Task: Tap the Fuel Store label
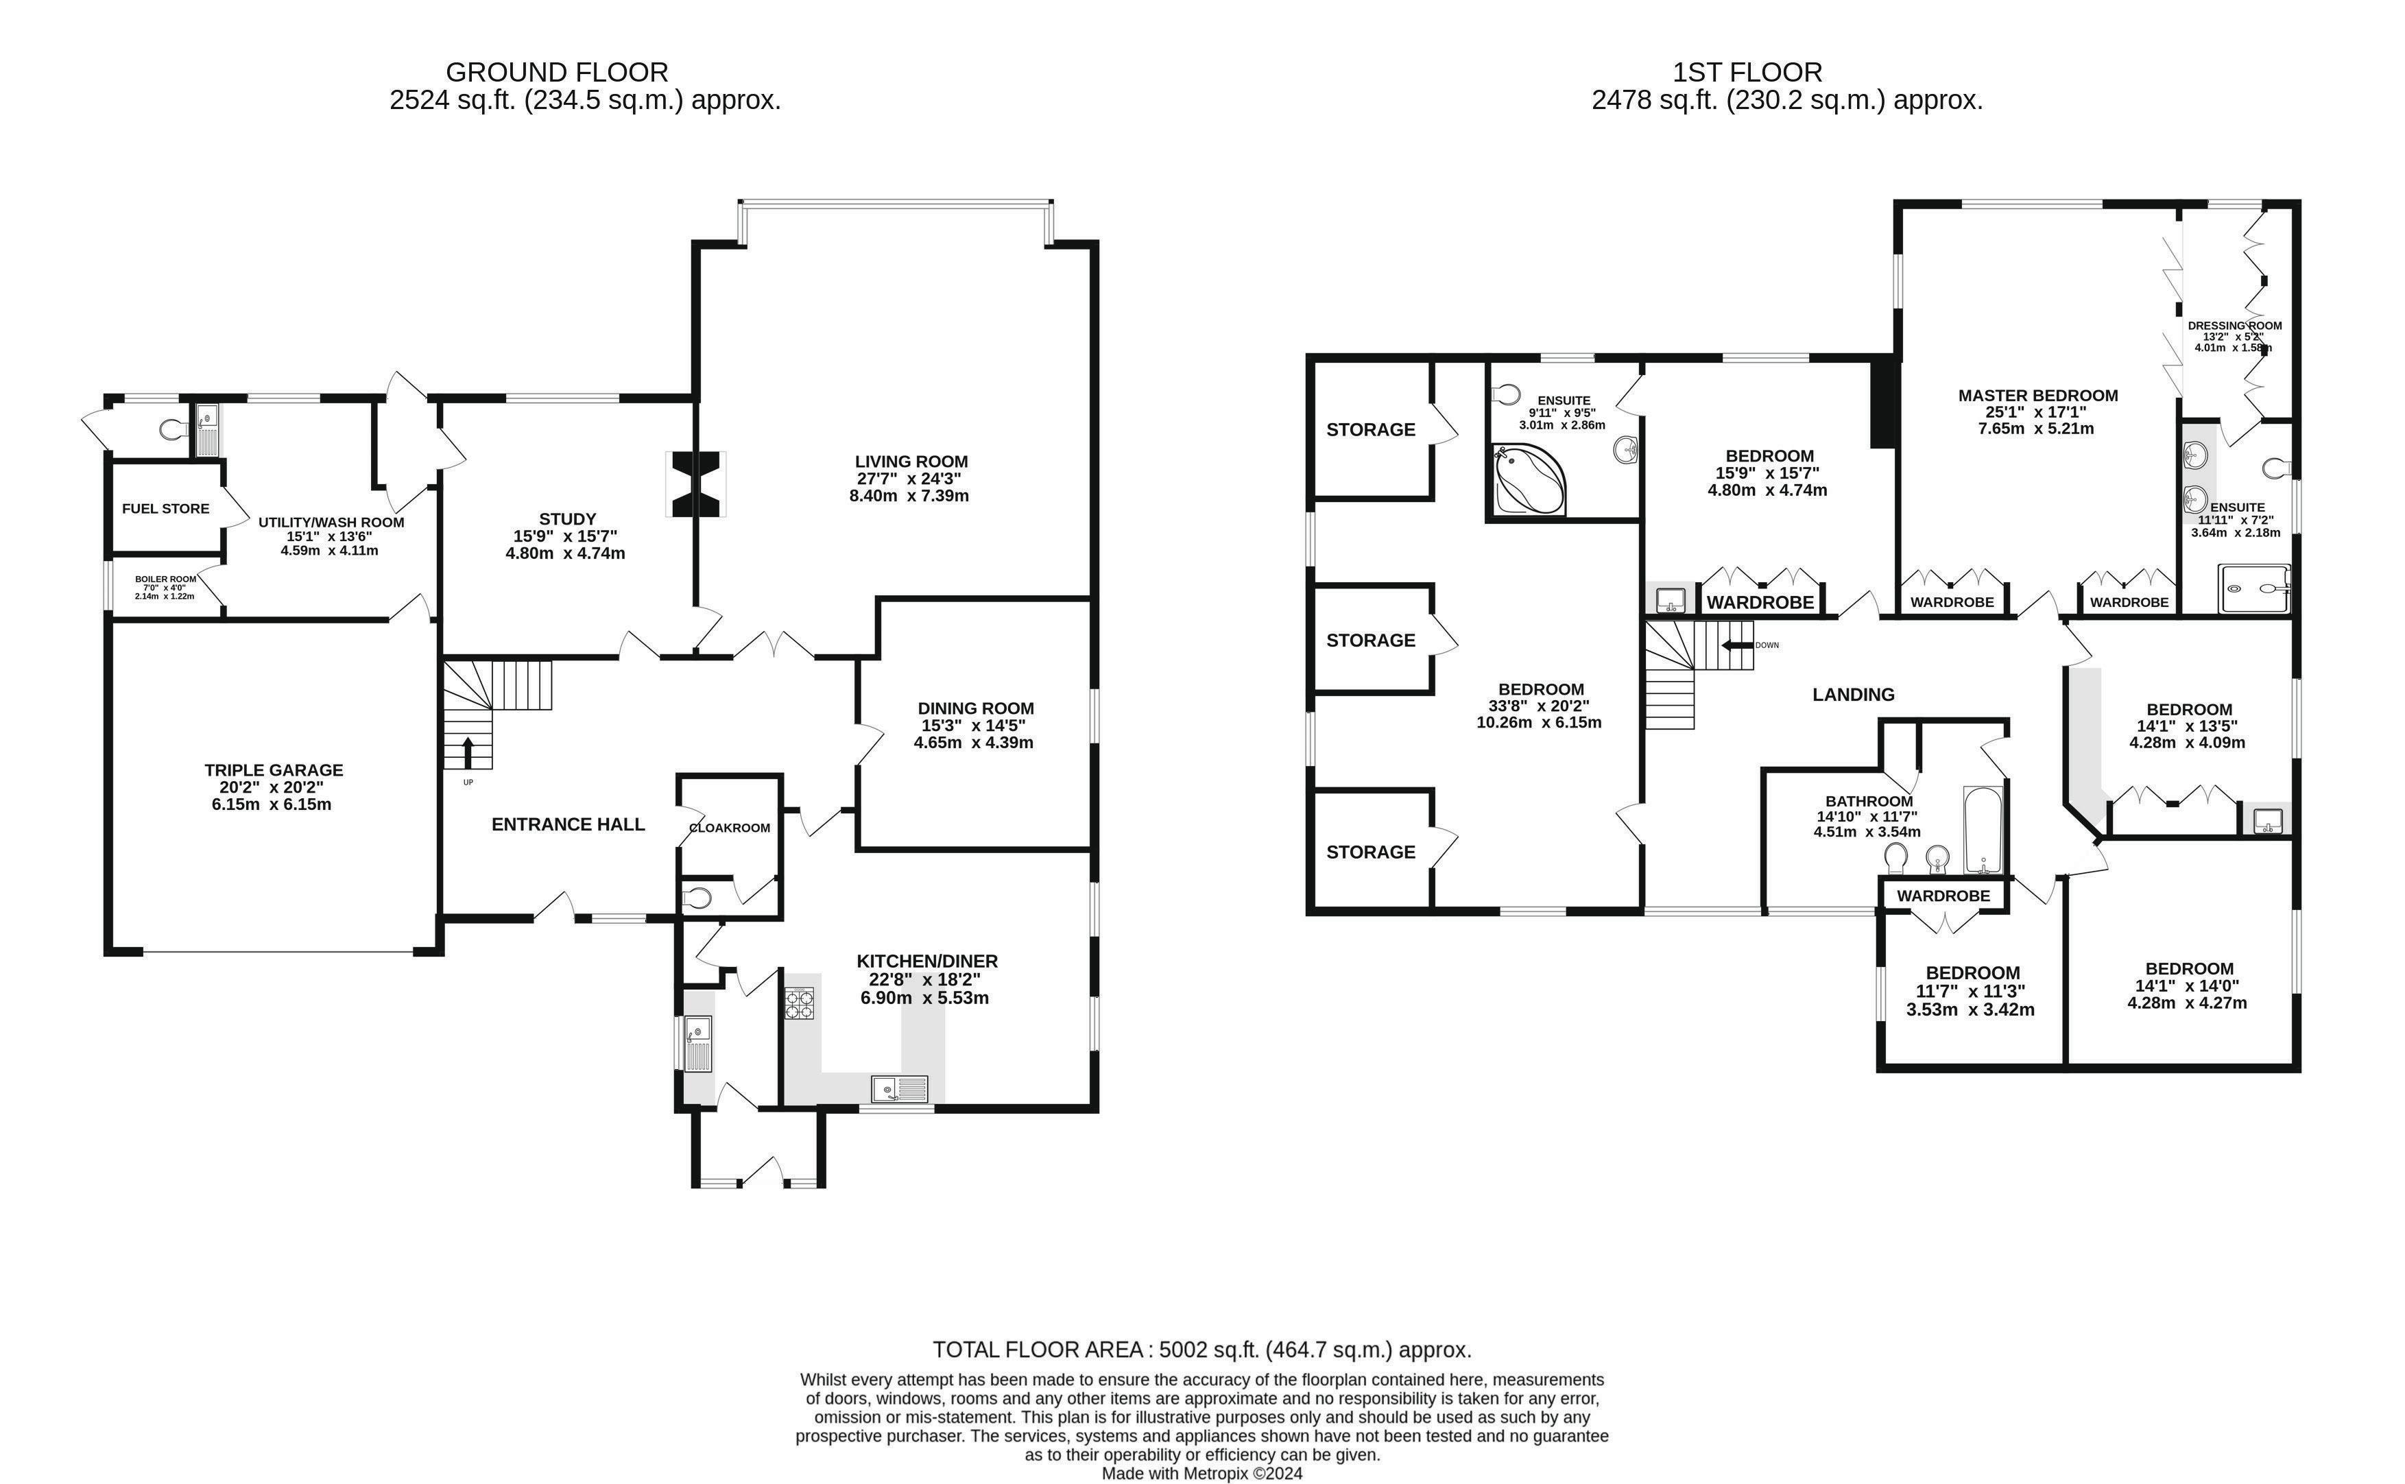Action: coord(166,508)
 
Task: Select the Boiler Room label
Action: coord(166,579)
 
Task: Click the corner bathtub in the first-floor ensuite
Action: coord(1528,480)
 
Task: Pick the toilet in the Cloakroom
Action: coord(697,897)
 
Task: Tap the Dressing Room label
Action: coord(2234,326)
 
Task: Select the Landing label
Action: coord(1852,695)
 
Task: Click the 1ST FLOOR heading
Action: coord(1747,71)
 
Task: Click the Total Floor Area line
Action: coord(1202,1350)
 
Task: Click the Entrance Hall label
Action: coord(568,824)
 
